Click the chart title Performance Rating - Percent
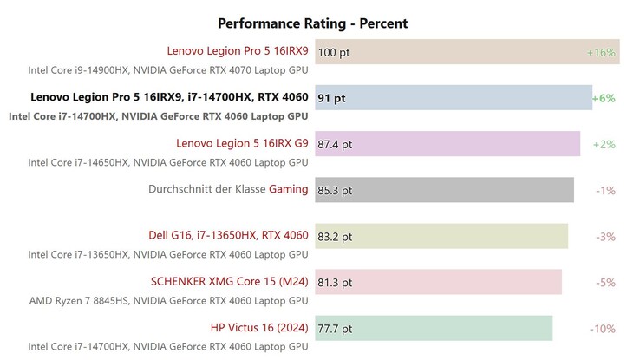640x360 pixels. [x=312, y=23]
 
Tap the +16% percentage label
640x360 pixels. [x=601, y=52]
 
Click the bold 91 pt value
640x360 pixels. [x=331, y=98]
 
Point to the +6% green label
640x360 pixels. [x=604, y=98]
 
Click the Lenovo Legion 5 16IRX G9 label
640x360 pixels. [x=242, y=143]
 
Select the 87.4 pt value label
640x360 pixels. [x=336, y=144]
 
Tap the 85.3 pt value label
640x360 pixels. [x=336, y=190]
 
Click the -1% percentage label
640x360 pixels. [x=605, y=190]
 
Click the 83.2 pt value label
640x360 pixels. [x=336, y=236]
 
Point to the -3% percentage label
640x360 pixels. [x=605, y=236]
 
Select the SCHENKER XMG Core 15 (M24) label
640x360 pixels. [x=230, y=281]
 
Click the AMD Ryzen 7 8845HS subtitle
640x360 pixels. [x=168, y=300]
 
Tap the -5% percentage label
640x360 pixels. [x=605, y=282]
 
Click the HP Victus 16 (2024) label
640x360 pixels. [x=259, y=328]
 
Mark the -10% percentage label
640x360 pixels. [x=603, y=328]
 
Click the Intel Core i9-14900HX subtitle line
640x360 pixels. [x=168, y=69]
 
